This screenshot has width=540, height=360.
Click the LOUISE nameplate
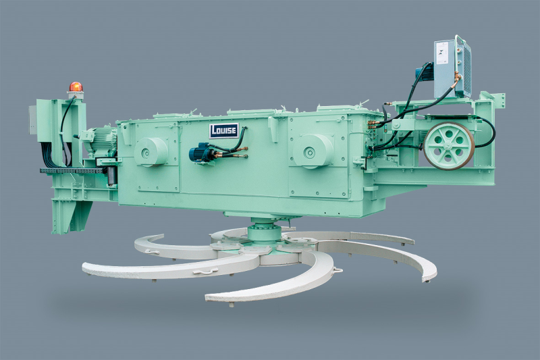(223, 130)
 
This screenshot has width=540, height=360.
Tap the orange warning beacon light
(76, 87)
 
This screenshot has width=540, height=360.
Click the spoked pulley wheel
(450, 145)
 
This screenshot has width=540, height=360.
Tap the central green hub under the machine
(265, 234)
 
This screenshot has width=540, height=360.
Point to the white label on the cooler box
(442, 53)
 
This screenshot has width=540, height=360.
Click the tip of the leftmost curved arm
(86, 269)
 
